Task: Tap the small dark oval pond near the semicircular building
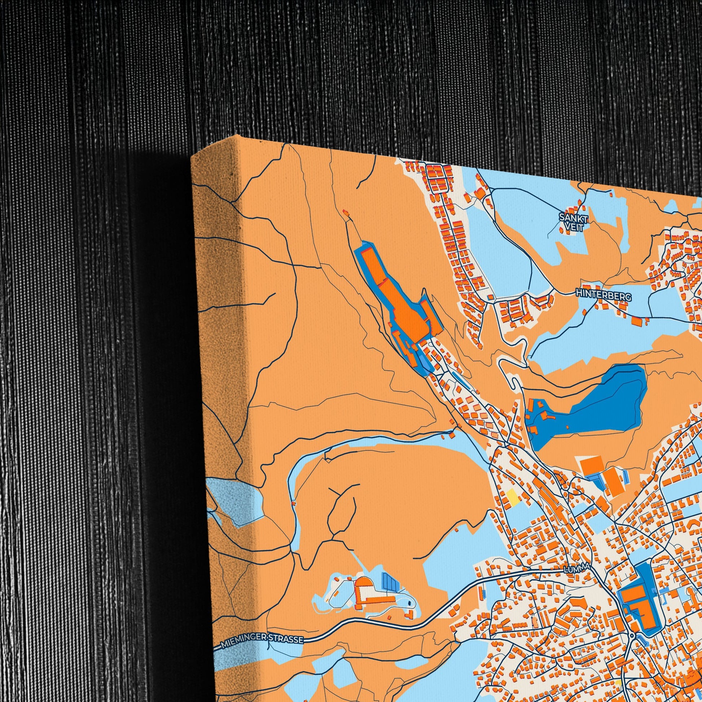410,603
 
